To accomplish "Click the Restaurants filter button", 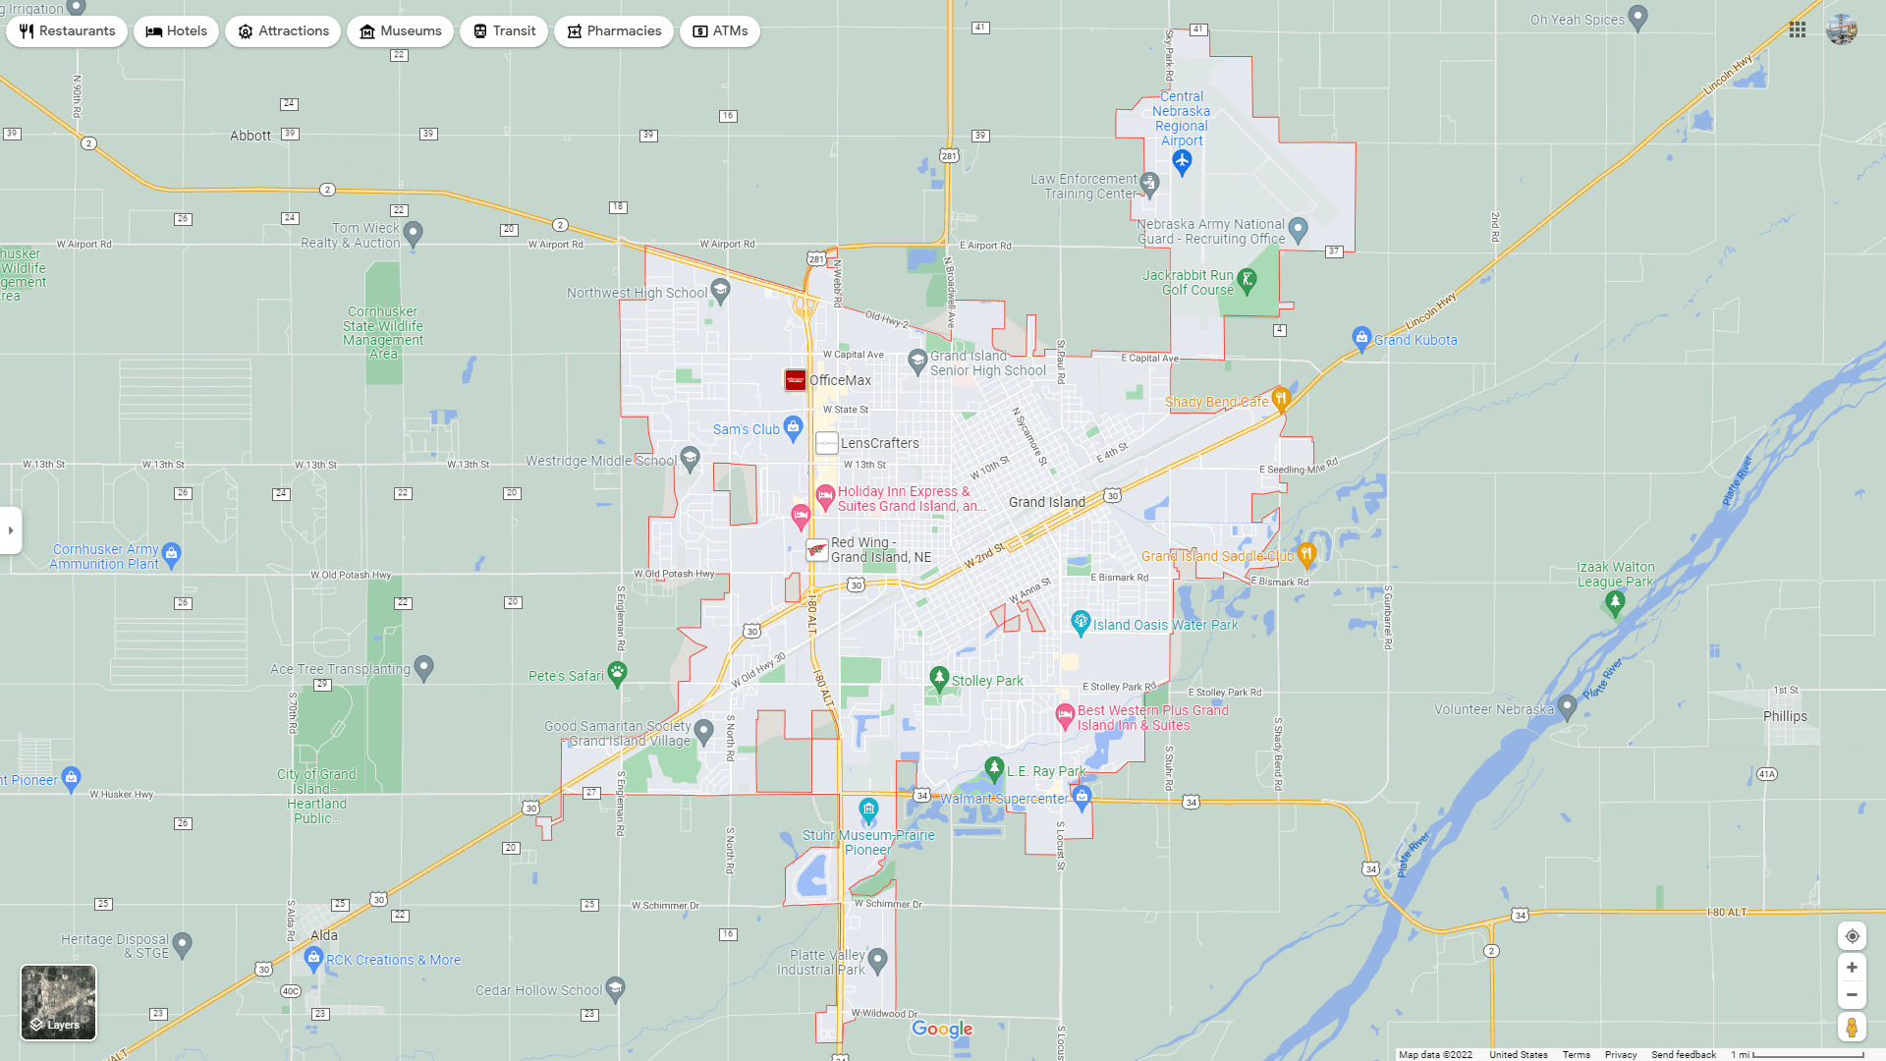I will (67, 31).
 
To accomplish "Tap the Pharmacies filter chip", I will (613, 31).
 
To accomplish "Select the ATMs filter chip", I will (719, 31).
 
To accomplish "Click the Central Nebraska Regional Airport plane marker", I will (1182, 162).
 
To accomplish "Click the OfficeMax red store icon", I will (795, 380).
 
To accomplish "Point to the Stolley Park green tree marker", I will (939, 678).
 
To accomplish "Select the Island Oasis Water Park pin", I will (1081, 622).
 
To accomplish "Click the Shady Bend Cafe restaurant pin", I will (1280, 399).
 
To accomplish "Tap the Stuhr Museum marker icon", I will (868, 810).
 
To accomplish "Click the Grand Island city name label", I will (1046, 502).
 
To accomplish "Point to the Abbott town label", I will (250, 136).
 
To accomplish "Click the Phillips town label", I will (1785, 716).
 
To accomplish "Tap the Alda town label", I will (324, 935).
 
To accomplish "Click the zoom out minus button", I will (1852, 995).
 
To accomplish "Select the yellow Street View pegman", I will (1852, 1028).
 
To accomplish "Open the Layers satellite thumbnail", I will (59, 1002).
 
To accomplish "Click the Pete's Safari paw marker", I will (617, 673).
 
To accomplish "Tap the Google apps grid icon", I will (1798, 29).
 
